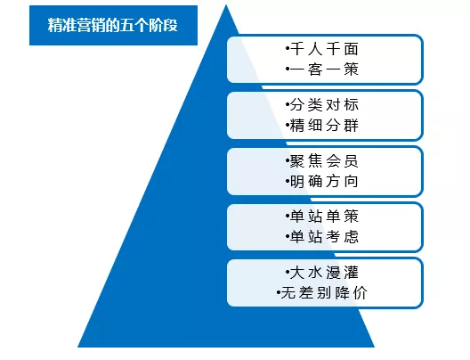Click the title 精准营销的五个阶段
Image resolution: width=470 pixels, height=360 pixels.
[x=113, y=25]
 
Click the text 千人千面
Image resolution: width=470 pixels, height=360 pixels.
[x=324, y=49]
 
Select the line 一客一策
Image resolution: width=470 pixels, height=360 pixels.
[x=324, y=70]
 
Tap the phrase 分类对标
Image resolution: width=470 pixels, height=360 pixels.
[x=324, y=105]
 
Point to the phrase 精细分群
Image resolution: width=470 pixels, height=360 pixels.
[x=324, y=126]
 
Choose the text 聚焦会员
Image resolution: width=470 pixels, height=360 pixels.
[x=324, y=161]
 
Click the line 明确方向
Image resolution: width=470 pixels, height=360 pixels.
[x=324, y=182]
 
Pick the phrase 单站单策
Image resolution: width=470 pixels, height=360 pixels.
[x=324, y=217]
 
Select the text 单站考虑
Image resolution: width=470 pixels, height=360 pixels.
[x=324, y=237]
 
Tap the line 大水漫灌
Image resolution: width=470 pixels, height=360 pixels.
[x=324, y=273]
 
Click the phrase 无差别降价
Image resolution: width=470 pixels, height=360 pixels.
[x=324, y=293]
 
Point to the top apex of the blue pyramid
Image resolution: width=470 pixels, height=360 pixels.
[x=226, y=4]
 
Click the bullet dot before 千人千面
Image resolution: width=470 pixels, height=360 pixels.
[x=288, y=49]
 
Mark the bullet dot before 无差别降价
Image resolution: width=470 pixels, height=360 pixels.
[x=279, y=292]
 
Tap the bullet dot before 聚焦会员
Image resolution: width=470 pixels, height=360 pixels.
[x=288, y=160]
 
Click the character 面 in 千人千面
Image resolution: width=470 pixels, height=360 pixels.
[x=352, y=49]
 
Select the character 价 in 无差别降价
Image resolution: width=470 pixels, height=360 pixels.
[x=361, y=293]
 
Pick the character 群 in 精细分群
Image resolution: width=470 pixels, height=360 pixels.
[x=352, y=126]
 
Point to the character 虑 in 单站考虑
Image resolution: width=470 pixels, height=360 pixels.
[x=352, y=237]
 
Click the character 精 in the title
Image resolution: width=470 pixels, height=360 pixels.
[x=55, y=25]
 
